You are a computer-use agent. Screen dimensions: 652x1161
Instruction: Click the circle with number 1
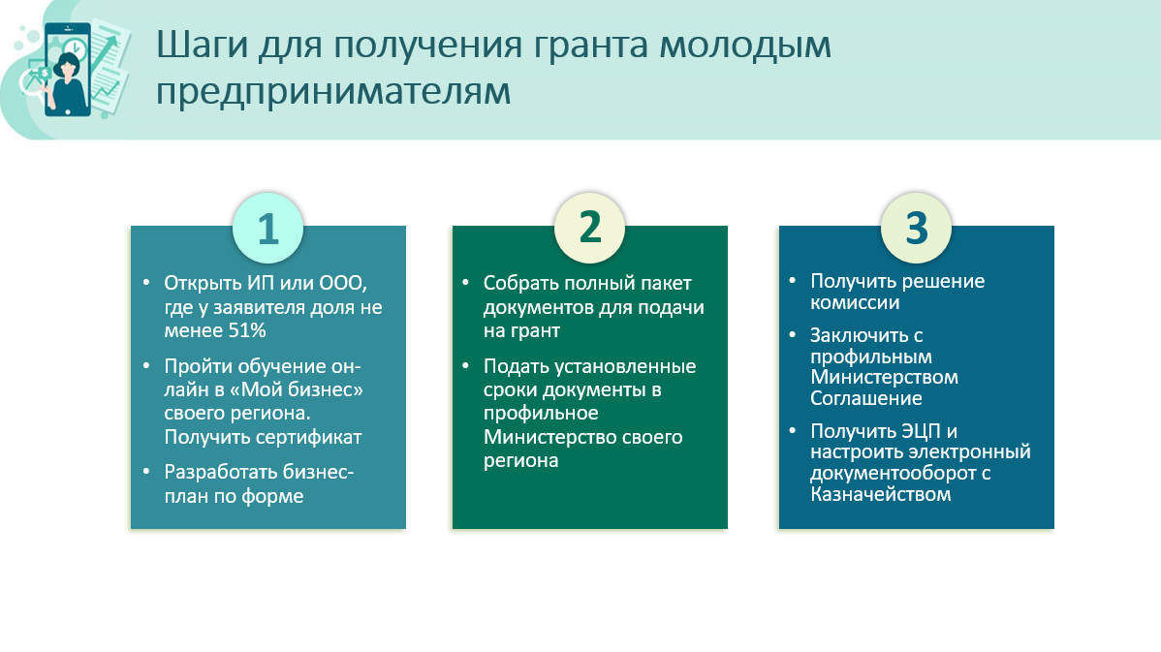(267, 229)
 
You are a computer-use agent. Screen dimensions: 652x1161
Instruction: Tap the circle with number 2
(589, 229)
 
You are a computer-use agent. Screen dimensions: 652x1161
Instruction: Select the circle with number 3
(916, 229)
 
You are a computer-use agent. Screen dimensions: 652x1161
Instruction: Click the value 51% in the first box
(245, 330)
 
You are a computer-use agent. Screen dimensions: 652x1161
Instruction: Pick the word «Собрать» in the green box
(520, 282)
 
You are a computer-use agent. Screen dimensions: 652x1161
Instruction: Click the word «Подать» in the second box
(516, 367)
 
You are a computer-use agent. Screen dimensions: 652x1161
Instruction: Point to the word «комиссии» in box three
(855, 303)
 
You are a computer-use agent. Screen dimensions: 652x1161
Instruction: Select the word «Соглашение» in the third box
(865, 398)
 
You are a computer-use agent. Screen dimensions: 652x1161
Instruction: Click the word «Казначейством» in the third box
(880, 494)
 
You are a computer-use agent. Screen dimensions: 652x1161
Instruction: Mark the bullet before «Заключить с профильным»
(793, 335)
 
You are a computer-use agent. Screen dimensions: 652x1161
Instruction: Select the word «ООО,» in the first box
(339, 284)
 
